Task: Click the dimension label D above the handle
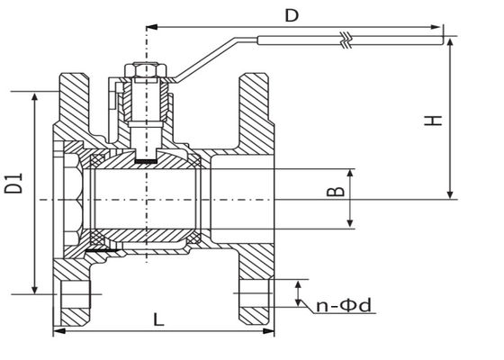coord(291,15)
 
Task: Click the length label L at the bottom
coord(158,319)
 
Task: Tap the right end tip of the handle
coord(443,40)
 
